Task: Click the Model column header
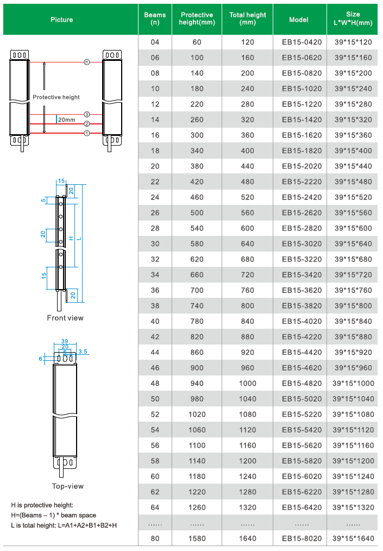(299, 19)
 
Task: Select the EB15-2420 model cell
(302, 197)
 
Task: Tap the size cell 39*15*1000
(353, 384)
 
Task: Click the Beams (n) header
(155, 19)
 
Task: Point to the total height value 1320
(248, 508)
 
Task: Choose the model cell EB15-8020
(302, 539)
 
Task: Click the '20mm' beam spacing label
(67, 119)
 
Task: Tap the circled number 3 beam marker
(87, 114)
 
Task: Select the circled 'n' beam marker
(87, 62)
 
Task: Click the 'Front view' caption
(65, 317)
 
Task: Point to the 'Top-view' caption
(67, 486)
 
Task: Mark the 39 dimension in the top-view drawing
(65, 341)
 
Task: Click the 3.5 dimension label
(83, 352)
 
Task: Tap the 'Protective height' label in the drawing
(56, 97)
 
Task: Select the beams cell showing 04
(155, 42)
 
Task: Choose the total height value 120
(248, 42)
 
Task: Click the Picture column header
(61, 20)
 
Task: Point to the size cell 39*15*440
(353, 166)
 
